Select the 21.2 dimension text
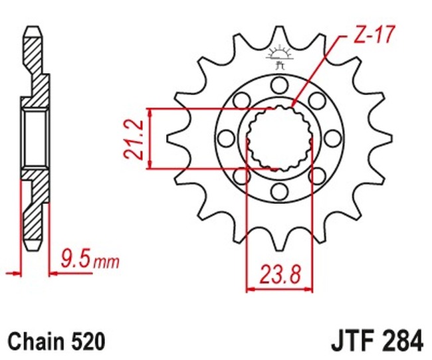click(x=134, y=138)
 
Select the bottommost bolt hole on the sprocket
click(x=279, y=193)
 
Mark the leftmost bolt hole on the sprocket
click(x=225, y=138)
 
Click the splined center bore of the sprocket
click(x=279, y=138)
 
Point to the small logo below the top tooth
click(x=279, y=56)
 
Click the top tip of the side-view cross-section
click(x=32, y=29)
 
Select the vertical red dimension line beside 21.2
click(x=152, y=138)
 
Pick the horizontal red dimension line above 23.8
click(x=279, y=289)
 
